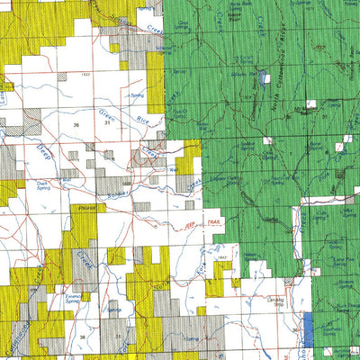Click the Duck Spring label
pyautogui.click(x=41, y=185)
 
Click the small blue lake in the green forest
pyautogui.click(x=262, y=77)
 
